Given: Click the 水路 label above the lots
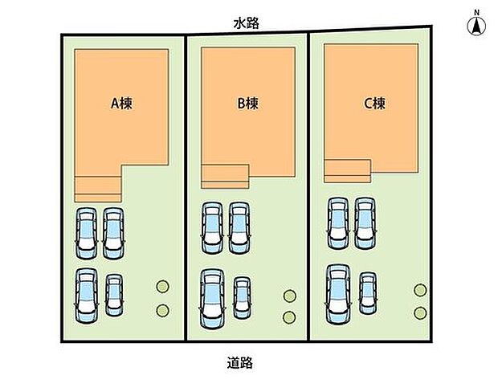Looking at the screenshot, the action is point(246,23).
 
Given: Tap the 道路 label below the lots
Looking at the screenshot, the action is point(240,363).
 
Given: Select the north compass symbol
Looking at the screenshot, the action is point(476,26).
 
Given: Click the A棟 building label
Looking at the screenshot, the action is point(121,104).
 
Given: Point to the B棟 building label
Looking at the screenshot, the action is point(247,104).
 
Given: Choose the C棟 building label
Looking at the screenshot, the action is point(374,104).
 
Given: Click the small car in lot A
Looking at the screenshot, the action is point(114,295).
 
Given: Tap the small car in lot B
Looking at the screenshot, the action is point(242,298).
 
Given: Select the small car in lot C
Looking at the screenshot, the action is point(368,293).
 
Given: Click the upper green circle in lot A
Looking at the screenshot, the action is point(162,287).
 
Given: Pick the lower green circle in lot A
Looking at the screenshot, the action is point(162,310).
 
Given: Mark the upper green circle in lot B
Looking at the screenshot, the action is point(290,296).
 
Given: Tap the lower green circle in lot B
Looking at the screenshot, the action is point(289,317).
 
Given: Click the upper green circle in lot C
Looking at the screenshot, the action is point(421,290).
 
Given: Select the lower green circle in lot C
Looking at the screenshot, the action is point(421,313).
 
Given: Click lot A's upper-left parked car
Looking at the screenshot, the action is point(87,233).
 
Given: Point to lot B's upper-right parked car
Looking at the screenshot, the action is point(239,228).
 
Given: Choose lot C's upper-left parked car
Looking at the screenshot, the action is point(338,223).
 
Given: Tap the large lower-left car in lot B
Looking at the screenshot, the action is point(212,299).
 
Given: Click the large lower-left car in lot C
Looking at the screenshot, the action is point(338,295).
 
